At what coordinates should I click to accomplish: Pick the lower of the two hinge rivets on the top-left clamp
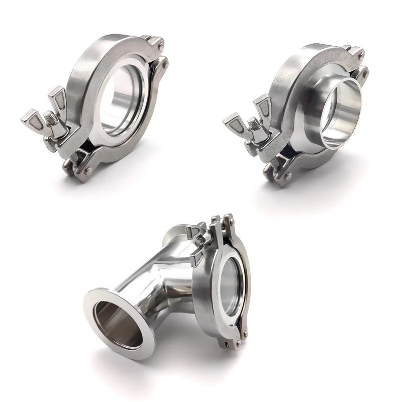click(164, 63)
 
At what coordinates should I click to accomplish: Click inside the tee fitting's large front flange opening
click(113, 322)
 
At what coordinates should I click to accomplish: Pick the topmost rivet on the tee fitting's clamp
click(229, 217)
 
